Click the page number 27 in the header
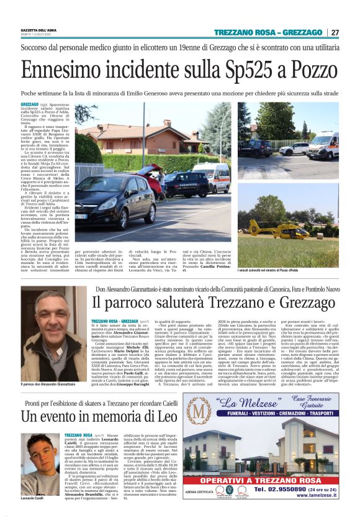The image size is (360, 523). click(x=335, y=32)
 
